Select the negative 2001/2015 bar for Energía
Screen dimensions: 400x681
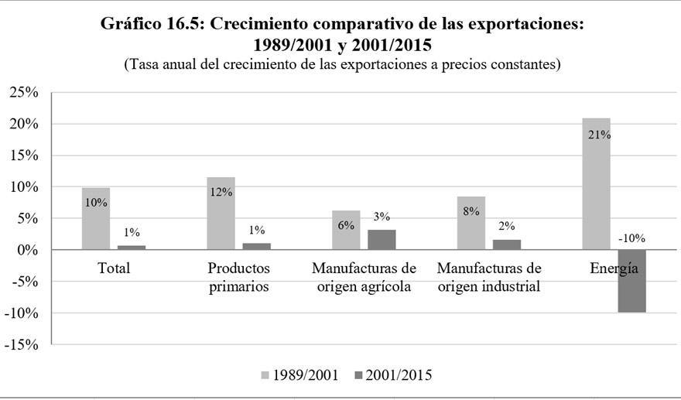(631, 282)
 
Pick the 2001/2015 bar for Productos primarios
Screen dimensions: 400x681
(256, 247)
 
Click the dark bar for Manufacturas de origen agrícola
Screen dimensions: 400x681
(382, 240)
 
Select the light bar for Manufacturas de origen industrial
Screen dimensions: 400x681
(471, 224)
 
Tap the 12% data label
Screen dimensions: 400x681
(221, 192)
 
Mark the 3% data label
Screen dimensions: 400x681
(381, 217)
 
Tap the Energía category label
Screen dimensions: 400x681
(614, 269)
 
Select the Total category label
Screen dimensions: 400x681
(114, 269)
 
